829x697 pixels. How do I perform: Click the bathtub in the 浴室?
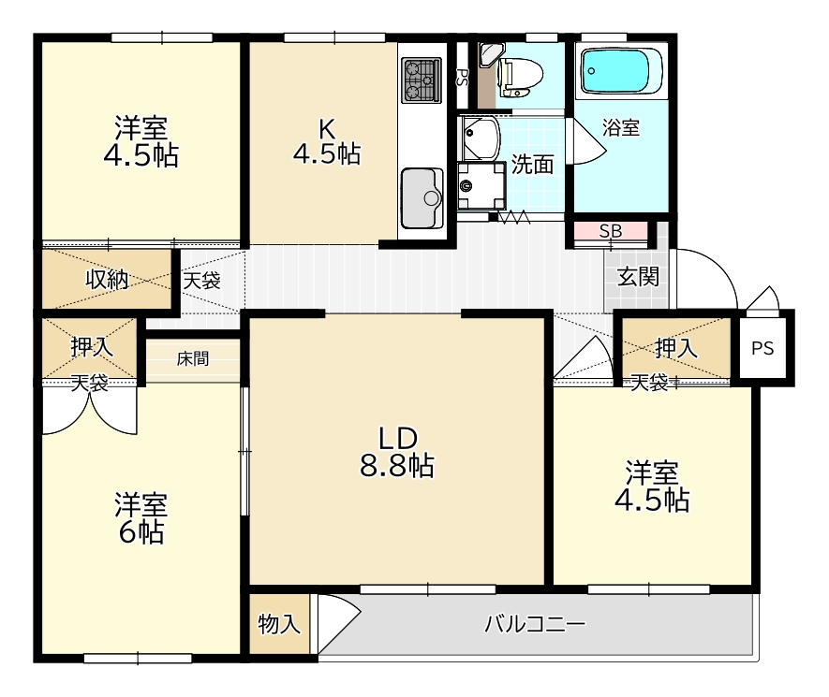pos(622,72)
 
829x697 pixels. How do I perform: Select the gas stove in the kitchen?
pos(422,80)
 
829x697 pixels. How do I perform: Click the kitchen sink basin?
pos(422,197)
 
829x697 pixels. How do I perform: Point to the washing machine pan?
pos(481,186)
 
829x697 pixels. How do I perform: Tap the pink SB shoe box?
pos(610,231)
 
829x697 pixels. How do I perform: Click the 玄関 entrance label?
pos(638,277)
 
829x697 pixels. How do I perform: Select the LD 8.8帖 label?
pos(397,452)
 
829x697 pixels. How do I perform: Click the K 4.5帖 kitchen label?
pos(327,140)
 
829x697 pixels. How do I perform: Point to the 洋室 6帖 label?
pos(141,518)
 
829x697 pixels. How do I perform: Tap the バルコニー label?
pos(535,625)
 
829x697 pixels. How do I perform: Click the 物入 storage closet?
pos(279,624)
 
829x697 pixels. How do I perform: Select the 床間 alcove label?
pos(192,359)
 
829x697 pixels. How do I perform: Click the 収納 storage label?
pos(108,280)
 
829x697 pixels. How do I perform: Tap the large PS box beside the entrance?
pos(762,348)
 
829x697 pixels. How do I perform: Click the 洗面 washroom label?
pos(532,165)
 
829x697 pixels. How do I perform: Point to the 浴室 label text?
pos(621,127)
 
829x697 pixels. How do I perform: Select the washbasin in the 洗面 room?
pos(481,138)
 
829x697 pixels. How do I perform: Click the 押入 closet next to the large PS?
pos(676,348)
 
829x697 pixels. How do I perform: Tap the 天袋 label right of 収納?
pos(201,281)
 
